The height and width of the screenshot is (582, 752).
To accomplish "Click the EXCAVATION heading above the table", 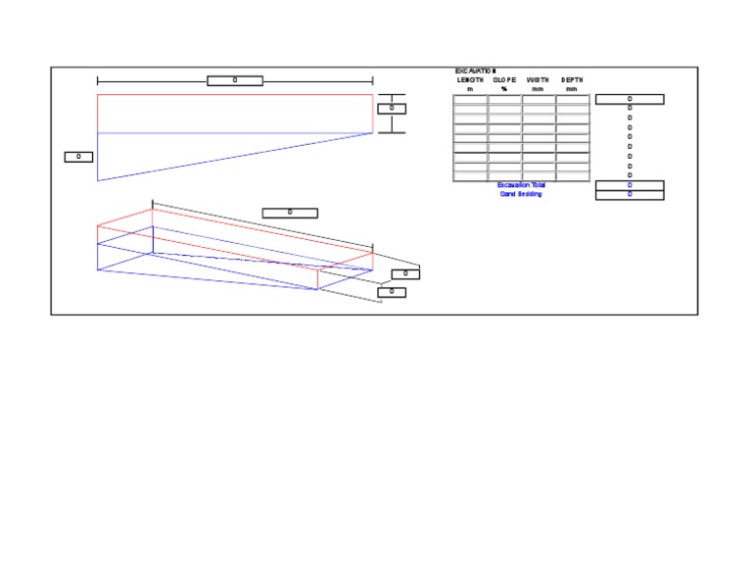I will (x=476, y=72).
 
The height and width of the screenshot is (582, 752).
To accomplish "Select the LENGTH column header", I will (x=470, y=80).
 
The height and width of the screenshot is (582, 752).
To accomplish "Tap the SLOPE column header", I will (x=504, y=80).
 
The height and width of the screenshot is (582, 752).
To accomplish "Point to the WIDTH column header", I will (x=539, y=80).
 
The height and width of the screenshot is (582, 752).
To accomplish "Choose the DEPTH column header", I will (x=573, y=80).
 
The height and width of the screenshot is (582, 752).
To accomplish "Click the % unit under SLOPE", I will (x=504, y=89).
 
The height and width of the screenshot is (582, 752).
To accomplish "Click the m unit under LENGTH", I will (x=470, y=89).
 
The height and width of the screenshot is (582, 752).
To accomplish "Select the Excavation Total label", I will (x=520, y=185).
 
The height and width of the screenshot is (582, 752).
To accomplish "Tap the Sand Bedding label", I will (x=520, y=194).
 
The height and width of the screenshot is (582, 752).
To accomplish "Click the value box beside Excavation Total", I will (x=630, y=185).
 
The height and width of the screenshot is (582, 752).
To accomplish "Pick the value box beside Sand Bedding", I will (x=630, y=194).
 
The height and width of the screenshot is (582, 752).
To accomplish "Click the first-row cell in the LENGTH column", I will (x=470, y=100).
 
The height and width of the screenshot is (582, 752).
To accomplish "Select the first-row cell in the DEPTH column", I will (x=573, y=100).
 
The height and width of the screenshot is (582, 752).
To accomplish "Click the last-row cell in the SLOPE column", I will (x=504, y=176).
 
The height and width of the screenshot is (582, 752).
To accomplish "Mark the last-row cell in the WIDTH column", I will (x=539, y=176).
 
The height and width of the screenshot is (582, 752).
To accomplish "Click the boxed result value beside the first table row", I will (x=630, y=99).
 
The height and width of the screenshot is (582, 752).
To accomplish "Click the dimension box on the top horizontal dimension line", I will (x=235, y=80).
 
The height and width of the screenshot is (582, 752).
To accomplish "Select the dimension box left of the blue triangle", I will (x=78, y=157).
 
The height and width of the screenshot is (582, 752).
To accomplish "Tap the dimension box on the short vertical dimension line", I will (x=392, y=109).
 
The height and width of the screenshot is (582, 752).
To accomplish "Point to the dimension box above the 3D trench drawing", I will (x=290, y=213).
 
